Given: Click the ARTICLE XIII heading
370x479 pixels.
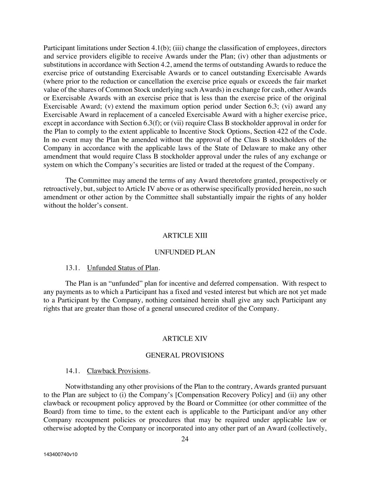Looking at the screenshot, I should tap(185, 235).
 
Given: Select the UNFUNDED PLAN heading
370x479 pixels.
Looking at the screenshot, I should tap(185, 252).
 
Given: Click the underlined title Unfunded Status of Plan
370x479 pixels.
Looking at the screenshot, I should tap(122, 268).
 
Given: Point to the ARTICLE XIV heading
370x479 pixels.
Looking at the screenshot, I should tap(185, 339).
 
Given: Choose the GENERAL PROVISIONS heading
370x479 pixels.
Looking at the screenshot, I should tap(184, 355).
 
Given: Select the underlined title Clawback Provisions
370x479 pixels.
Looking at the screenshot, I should tap(118, 371).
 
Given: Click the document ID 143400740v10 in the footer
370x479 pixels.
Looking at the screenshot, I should tap(60, 454).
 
